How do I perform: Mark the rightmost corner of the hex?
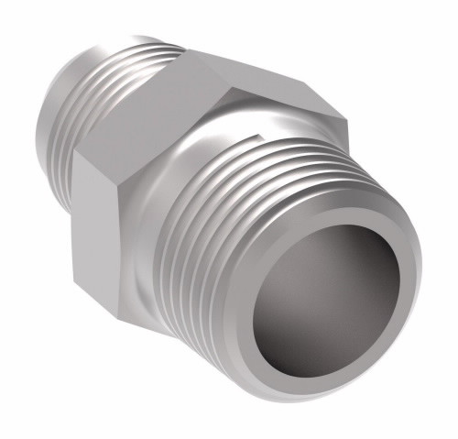[346, 119]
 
